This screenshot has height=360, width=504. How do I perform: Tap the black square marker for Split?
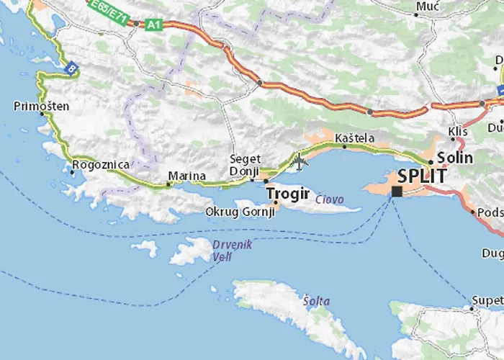pos(396,192)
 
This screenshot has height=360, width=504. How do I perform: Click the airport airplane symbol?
pos(300,161)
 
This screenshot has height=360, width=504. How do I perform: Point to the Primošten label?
pos(42,106)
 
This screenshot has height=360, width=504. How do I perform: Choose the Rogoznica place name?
pos(100,165)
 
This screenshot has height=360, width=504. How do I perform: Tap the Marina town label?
pos(186,175)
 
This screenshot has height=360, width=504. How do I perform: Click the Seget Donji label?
pos(244,165)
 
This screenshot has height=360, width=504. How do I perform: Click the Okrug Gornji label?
pos(240,212)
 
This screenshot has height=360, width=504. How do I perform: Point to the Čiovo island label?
pos(329,199)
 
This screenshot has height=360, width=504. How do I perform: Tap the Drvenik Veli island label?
pos(232,250)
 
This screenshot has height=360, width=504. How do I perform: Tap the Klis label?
pos(457,131)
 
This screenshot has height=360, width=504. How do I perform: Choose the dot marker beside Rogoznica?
pos(73,171)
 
